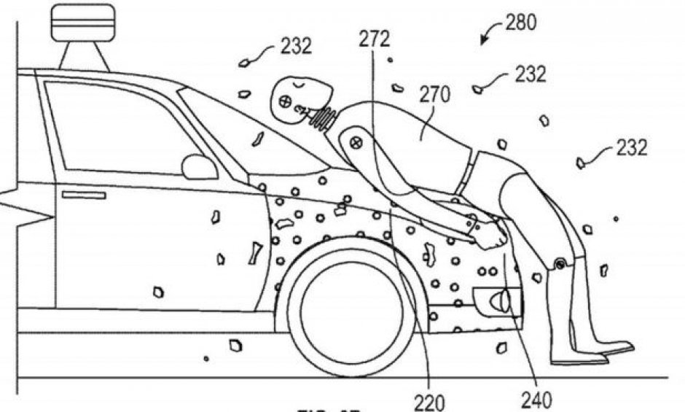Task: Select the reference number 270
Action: (x=434, y=95)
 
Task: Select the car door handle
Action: (x=84, y=195)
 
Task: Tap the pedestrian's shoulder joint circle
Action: (x=355, y=140)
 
